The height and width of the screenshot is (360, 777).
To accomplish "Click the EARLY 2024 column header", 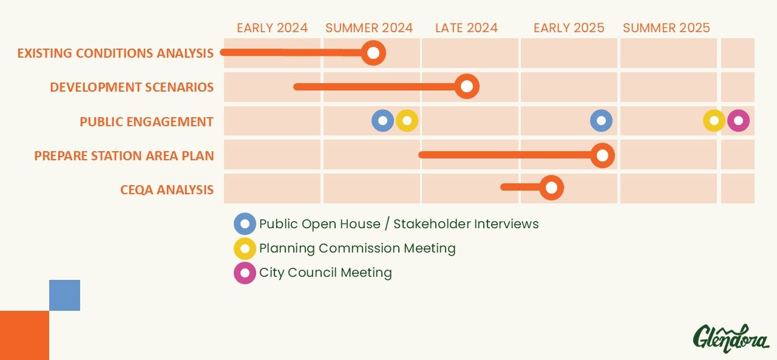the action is click(273, 28).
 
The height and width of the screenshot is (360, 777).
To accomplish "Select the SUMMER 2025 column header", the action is click(667, 28).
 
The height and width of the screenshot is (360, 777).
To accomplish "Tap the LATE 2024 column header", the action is click(467, 28).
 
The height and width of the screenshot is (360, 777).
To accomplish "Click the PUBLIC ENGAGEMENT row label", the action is click(146, 122).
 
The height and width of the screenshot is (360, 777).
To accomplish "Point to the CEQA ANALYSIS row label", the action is click(167, 189).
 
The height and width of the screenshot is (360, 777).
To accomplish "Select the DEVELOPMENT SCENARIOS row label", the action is click(132, 87).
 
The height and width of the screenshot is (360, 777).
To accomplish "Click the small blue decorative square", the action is click(64, 295).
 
